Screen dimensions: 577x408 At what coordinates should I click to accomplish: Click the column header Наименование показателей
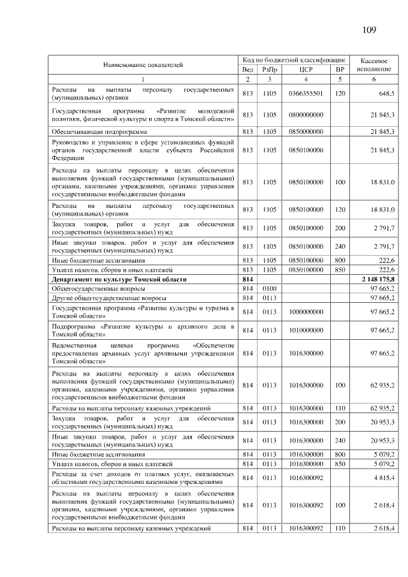[x=143, y=64]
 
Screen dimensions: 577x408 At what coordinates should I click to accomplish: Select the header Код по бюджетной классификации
[x=294, y=59]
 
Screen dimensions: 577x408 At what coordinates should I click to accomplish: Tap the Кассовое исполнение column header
[x=374, y=64]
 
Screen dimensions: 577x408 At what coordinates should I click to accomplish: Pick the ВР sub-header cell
[x=340, y=69]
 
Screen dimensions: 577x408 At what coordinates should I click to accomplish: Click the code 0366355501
[x=306, y=93]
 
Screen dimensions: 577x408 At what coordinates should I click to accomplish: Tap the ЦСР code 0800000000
[x=306, y=115]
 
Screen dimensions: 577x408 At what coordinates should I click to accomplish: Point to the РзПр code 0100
[x=269, y=289]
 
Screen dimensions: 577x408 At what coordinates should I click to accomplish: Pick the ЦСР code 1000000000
[x=306, y=311]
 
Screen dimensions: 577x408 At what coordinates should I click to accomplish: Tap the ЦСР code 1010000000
[x=306, y=330]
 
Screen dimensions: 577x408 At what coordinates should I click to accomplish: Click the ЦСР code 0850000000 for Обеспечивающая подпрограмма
[x=306, y=131]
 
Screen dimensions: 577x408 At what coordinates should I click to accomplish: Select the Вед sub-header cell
[x=248, y=69]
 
